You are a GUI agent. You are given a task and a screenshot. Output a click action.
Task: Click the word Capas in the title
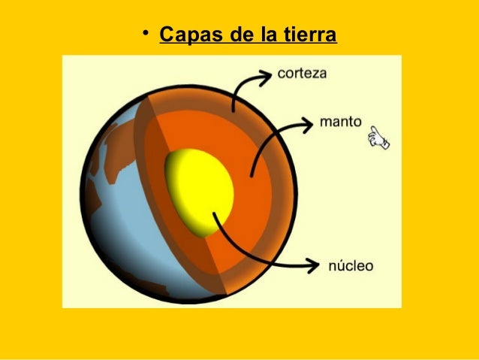(187, 35)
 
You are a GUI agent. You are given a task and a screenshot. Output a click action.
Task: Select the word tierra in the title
(310, 35)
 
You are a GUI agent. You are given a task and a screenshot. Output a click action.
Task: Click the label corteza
(302, 74)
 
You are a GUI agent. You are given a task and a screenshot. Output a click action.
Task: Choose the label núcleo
(350, 266)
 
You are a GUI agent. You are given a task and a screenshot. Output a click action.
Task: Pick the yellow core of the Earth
(197, 188)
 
